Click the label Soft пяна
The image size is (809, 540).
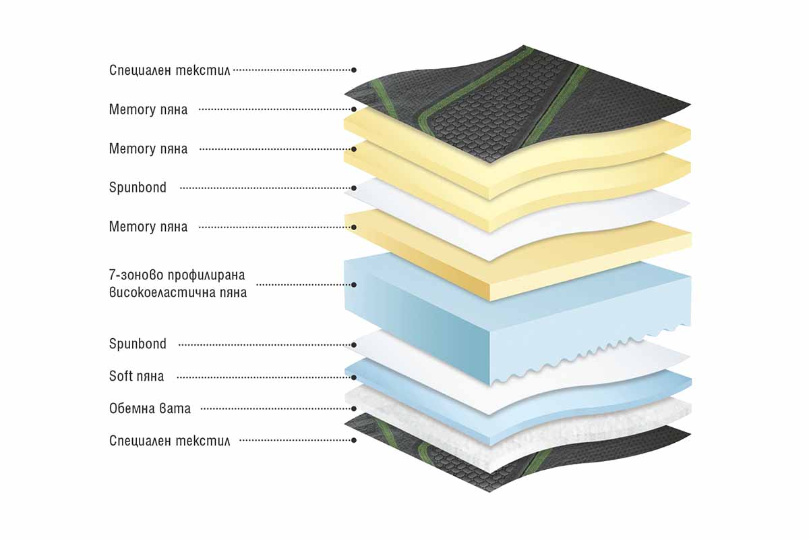tap(136, 376)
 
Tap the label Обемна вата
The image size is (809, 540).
tap(150, 408)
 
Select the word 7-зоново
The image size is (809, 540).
tap(136, 275)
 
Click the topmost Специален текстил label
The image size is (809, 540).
tap(169, 70)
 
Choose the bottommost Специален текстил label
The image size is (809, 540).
tap(169, 441)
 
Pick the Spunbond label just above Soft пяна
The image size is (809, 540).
tap(138, 344)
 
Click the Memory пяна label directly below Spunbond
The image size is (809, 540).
tap(148, 227)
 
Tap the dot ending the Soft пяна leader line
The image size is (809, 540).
tap(354, 377)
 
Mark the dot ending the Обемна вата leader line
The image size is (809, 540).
tap(354, 408)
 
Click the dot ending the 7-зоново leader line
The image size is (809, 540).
tap(354, 285)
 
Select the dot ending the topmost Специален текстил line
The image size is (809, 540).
tap(354, 70)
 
